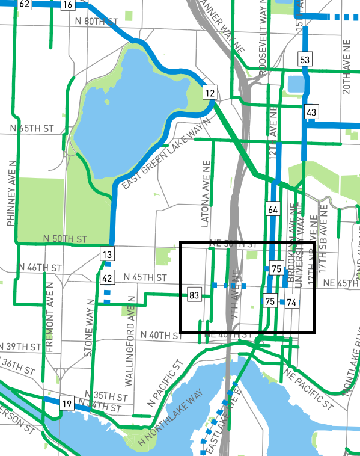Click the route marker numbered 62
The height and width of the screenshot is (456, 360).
click(25, 4)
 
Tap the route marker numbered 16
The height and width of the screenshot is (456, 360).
click(67, 5)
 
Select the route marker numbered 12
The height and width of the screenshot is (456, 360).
click(209, 93)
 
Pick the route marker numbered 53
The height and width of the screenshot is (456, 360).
click(305, 59)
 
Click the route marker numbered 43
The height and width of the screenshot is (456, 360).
click(311, 112)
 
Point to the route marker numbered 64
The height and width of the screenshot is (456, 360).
click(273, 210)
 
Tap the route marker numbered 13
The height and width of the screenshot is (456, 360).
click(107, 255)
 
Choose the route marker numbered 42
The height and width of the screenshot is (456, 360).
click(107, 278)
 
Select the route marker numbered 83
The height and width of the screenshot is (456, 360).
click(194, 295)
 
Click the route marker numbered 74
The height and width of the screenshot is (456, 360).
click(291, 301)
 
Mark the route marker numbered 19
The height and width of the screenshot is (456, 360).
click(66, 404)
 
